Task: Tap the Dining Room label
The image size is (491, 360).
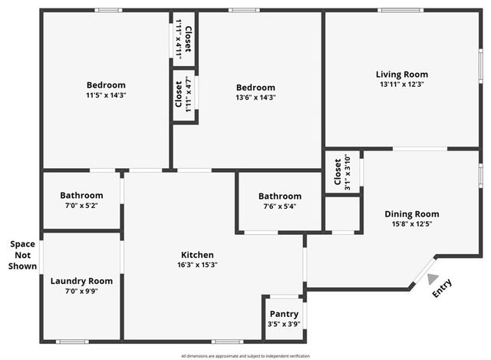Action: click(x=411, y=214)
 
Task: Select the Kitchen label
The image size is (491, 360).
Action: click(x=197, y=255)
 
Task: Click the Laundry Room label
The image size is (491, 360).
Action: click(x=81, y=281)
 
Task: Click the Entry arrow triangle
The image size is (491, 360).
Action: click(x=433, y=279)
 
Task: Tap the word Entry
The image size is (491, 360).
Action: click(x=443, y=288)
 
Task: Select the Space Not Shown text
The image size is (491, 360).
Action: click(x=22, y=255)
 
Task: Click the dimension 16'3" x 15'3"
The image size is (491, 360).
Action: click(x=197, y=265)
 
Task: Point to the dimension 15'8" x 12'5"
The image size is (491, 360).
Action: click(x=411, y=224)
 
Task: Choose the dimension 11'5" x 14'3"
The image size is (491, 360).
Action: click(x=106, y=96)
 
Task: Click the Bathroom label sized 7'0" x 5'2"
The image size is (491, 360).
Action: click(x=81, y=196)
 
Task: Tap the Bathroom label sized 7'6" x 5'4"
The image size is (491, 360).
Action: click(x=279, y=197)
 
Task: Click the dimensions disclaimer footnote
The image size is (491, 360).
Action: click(x=245, y=355)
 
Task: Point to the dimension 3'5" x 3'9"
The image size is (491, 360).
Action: click(x=284, y=324)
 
